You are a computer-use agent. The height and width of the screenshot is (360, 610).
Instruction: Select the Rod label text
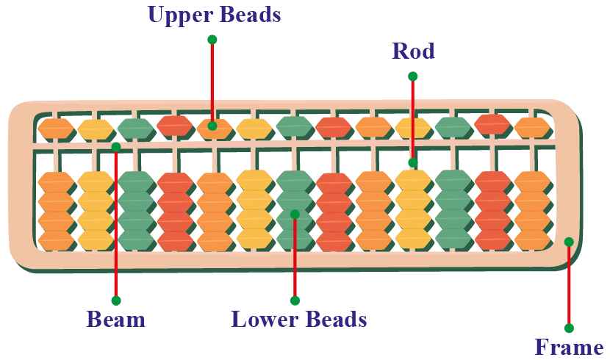point(413,51)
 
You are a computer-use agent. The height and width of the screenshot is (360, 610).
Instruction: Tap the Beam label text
point(115,320)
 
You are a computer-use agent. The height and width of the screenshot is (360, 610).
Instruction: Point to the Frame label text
point(569,347)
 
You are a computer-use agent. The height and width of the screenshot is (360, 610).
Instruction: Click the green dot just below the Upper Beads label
point(212,39)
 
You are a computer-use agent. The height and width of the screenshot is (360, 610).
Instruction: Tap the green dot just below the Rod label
point(413,76)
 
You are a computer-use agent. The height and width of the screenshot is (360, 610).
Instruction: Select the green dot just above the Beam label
point(115,300)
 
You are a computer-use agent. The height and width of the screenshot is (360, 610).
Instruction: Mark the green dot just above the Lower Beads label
point(295,300)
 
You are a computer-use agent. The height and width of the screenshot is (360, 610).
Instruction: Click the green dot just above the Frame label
point(569,328)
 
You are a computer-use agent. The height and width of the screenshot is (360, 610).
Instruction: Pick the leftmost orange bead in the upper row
point(56,129)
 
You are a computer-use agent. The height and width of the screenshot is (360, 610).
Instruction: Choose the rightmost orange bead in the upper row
point(532,128)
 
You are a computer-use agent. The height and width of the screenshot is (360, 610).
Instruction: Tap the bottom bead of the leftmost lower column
point(56,240)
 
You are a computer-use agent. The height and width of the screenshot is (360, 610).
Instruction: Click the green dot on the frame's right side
point(569,242)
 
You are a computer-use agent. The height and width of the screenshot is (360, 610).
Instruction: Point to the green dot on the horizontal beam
point(115,147)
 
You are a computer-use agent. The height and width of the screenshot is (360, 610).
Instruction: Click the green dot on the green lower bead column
point(295,215)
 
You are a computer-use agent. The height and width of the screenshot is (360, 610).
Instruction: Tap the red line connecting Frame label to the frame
point(569,287)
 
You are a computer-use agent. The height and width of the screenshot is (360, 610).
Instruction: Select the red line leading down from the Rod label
point(413,118)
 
